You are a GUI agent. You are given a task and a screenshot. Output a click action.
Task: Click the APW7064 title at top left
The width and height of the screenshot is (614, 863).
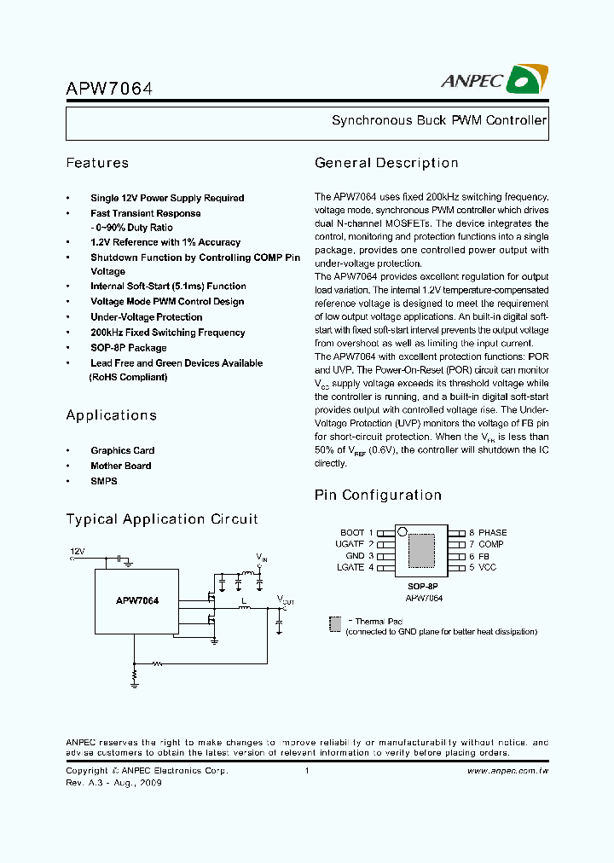click(109, 89)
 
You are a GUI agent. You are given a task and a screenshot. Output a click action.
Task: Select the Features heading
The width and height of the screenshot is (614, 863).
click(97, 163)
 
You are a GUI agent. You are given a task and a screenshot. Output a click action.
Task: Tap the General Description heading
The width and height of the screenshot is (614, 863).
click(386, 163)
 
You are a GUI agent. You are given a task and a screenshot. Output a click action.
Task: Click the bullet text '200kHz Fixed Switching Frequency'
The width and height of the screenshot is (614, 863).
click(168, 333)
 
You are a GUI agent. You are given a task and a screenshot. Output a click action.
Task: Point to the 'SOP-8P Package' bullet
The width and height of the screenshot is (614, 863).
click(129, 348)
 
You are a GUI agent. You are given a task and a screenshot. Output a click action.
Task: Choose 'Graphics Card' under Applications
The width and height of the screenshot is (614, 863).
click(123, 450)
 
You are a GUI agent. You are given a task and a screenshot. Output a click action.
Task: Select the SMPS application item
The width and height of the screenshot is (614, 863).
click(104, 481)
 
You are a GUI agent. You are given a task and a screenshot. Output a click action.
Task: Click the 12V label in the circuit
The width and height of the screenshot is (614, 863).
click(78, 552)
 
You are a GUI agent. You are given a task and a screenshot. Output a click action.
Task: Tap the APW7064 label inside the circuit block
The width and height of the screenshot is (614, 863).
click(137, 600)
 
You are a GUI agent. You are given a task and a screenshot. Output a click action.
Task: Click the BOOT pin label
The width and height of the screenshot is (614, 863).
click(352, 532)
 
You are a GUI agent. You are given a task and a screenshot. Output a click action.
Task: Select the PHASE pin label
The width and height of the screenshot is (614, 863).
click(493, 532)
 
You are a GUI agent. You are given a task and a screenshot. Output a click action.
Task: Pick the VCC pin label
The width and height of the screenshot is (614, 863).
click(487, 567)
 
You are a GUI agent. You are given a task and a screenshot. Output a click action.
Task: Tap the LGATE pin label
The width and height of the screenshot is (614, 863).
click(350, 567)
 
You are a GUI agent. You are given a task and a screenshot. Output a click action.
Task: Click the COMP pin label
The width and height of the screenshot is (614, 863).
click(491, 544)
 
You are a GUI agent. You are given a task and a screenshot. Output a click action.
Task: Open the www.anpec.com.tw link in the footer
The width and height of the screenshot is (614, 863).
click(508, 771)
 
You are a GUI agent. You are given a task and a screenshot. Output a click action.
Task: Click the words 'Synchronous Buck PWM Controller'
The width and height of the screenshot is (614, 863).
click(438, 121)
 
